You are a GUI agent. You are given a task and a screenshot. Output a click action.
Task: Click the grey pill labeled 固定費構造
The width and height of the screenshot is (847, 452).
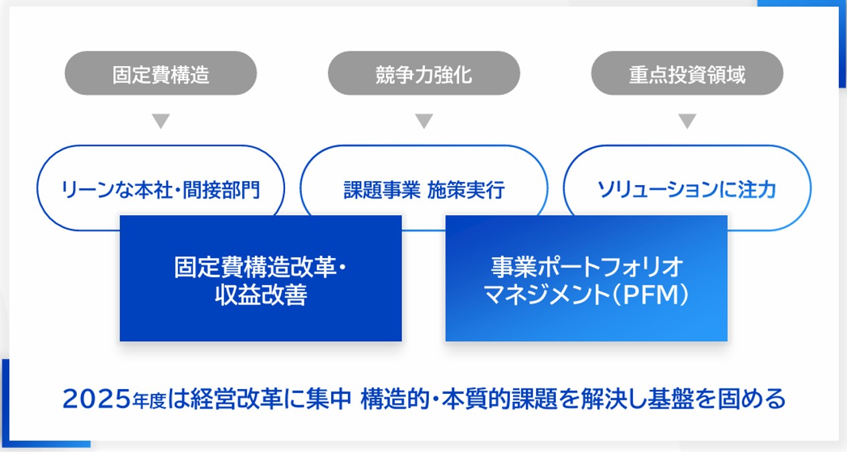point(161,74)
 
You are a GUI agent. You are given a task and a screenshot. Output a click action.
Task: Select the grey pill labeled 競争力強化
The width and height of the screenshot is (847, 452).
point(423,74)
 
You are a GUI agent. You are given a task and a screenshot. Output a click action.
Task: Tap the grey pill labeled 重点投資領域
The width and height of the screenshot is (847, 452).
point(687,74)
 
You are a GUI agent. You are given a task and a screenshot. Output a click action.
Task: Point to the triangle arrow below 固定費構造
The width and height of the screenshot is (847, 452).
point(161,121)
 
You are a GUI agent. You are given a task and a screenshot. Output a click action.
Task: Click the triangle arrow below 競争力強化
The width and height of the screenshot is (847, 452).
point(423,121)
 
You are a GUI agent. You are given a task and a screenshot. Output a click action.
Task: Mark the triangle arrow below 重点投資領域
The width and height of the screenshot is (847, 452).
point(687,121)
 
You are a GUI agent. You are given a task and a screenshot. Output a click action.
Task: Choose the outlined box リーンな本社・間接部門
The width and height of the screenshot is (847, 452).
point(161,189)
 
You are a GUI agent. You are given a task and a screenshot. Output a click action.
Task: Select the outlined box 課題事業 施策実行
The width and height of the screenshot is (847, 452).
point(423,189)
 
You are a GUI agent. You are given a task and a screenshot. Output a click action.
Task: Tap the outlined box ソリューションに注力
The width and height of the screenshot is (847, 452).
point(687,189)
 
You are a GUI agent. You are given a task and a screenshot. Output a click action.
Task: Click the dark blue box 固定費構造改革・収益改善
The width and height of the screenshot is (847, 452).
point(260,278)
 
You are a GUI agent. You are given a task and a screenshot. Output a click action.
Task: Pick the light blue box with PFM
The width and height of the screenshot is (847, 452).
point(586,278)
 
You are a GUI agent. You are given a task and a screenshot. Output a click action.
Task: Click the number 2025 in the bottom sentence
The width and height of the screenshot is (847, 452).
point(90,400)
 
